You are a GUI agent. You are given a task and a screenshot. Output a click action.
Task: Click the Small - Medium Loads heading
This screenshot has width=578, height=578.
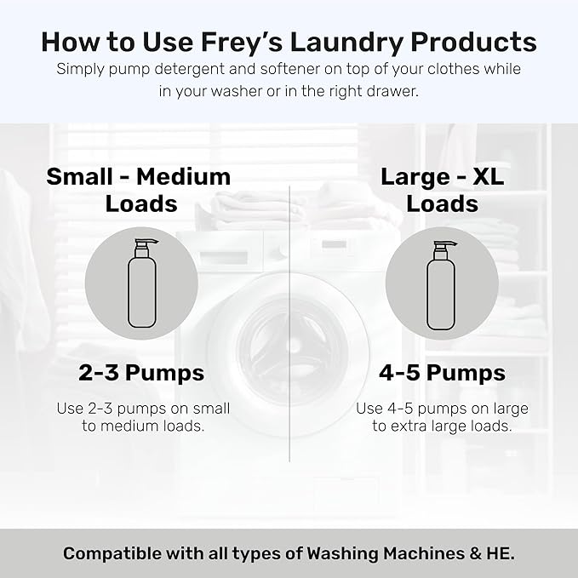click(x=139, y=190)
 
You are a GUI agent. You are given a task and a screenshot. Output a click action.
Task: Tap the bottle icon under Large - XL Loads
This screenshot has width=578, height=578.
click(x=441, y=283)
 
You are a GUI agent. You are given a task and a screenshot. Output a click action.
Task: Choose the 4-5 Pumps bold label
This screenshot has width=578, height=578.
click(x=442, y=373)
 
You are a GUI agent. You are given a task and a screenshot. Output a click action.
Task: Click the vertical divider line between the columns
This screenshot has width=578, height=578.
click(x=290, y=323)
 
